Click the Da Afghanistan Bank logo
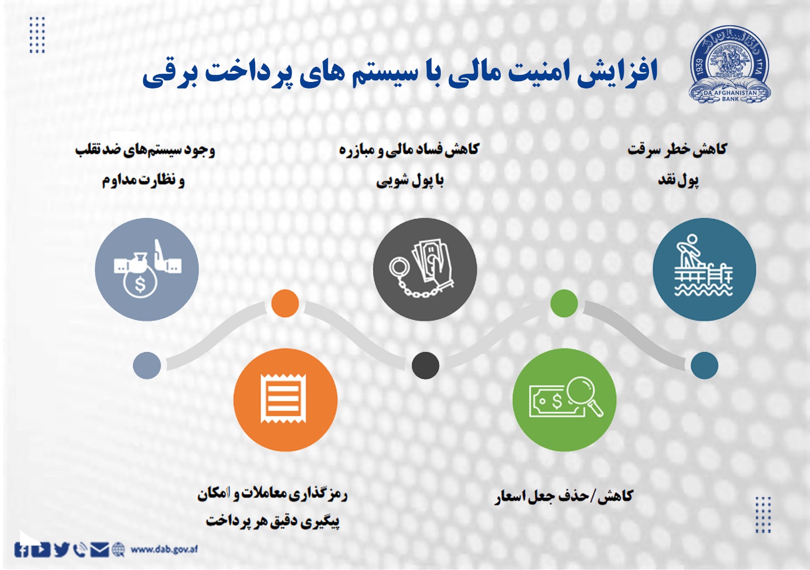point(730,65)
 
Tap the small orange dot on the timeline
point(285,303)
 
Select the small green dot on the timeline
point(564,303)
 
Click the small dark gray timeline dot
point(425,365)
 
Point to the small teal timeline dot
point(704,365)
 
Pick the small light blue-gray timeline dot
point(147,365)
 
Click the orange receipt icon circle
point(285,400)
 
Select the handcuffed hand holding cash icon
point(425,269)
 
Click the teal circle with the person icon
point(704,269)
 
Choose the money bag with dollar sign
point(139,281)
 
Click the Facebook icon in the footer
point(21,550)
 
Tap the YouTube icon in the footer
point(40,550)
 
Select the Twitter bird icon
point(61,549)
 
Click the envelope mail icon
point(99,549)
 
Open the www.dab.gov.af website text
point(164,549)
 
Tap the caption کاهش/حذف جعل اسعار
point(564,496)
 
